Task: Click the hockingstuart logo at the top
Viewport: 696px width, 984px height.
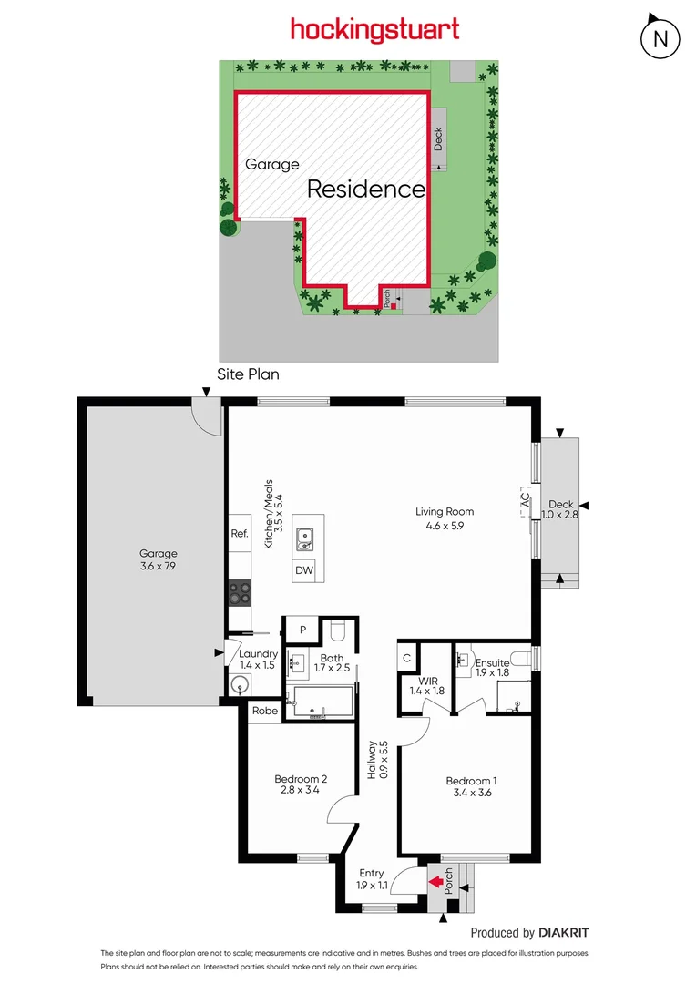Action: pos(374,30)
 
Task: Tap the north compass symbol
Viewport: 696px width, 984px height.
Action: pos(661,38)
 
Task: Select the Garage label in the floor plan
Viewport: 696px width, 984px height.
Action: pos(159,553)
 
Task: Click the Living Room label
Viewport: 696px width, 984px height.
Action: pos(445,511)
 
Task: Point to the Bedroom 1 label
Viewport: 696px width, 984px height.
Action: pos(471,781)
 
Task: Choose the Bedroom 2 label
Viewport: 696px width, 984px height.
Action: pos(301,779)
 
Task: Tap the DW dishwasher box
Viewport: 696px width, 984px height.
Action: pos(303,571)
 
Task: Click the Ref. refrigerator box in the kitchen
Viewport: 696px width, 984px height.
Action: pos(240,534)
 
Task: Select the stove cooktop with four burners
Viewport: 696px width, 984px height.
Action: pos(239,593)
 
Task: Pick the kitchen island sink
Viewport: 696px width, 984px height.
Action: pos(303,539)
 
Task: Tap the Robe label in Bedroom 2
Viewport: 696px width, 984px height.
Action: pos(265,712)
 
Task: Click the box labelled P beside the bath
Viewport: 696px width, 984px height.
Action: pos(301,630)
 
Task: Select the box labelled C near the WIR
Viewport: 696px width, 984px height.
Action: pos(407,657)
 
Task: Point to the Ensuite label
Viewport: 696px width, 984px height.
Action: pos(492,662)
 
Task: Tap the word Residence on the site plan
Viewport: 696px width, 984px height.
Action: pos(366,190)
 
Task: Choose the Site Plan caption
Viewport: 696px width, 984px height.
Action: pos(248,374)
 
